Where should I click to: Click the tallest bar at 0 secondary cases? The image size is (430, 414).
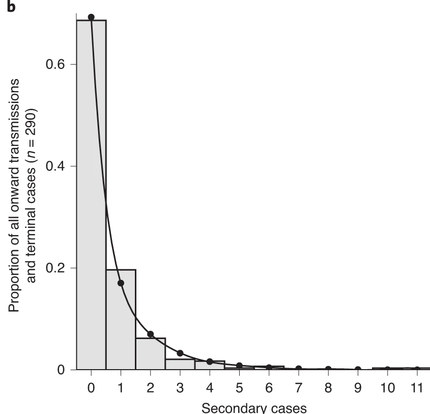pyautogui.click(x=91, y=194)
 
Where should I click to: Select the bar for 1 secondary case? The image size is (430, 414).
pyautogui.click(x=121, y=321)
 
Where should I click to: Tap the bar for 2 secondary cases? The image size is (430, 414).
pyautogui.click(x=150, y=354)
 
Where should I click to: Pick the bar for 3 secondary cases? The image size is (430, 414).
pyautogui.click(x=180, y=364)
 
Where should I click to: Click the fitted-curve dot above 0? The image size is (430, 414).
pyautogui.click(x=91, y=17)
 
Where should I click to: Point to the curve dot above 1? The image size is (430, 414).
pyautogui.click(x=121, y=283)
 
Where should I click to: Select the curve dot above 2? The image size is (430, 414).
pyautogui.click(x=150, y=334)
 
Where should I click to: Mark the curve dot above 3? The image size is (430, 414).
pyautogui.click(x=180, y=353)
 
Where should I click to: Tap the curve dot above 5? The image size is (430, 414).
pyautogui.click(x=239, y=366)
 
